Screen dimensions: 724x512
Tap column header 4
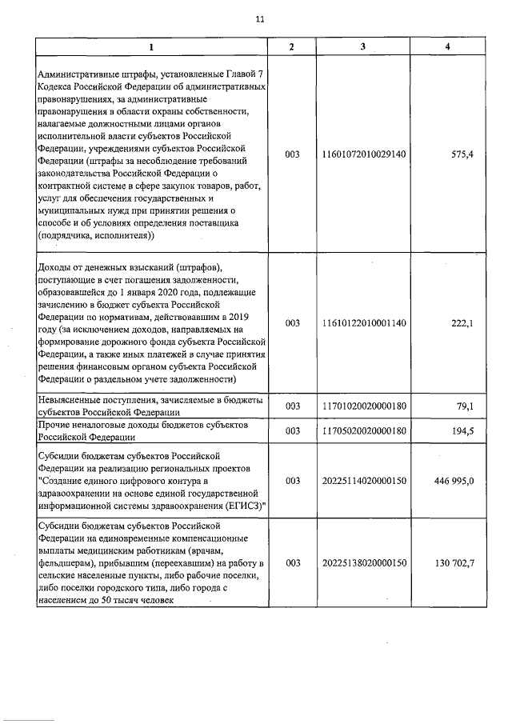click(447, 46)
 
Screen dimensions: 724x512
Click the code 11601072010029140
click(362, 154)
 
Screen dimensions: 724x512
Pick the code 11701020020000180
click(362, 406)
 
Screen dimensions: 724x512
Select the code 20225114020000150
click(362, 481)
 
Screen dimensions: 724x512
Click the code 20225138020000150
click(362, 563)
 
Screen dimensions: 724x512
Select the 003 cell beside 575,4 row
click(292, 154)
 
